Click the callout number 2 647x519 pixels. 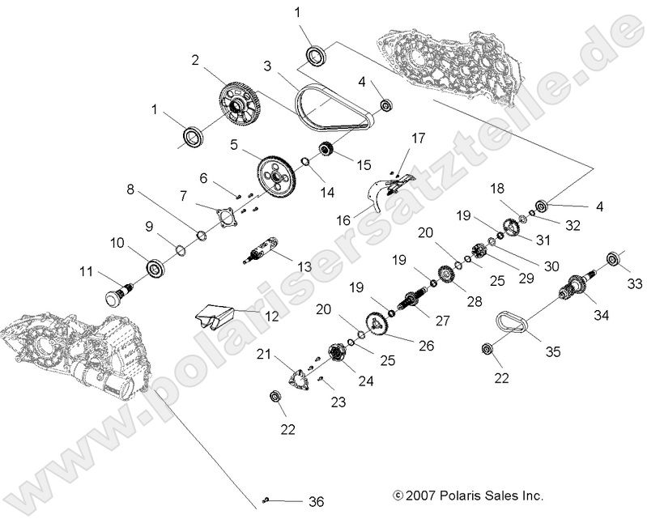[195, 60]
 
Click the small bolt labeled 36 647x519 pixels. [267, 500]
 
